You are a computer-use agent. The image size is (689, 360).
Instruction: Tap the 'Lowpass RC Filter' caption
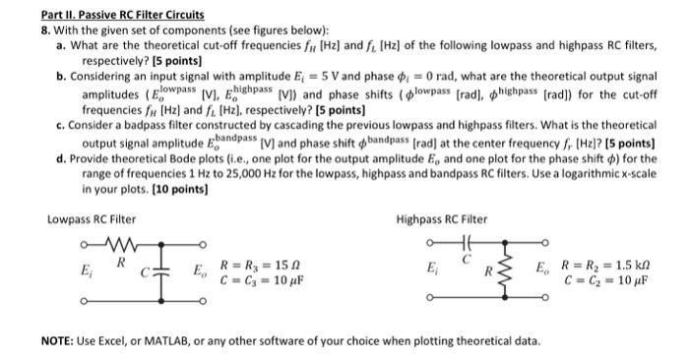pos(92,219)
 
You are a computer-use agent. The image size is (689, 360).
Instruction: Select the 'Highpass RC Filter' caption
pos(441,219)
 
